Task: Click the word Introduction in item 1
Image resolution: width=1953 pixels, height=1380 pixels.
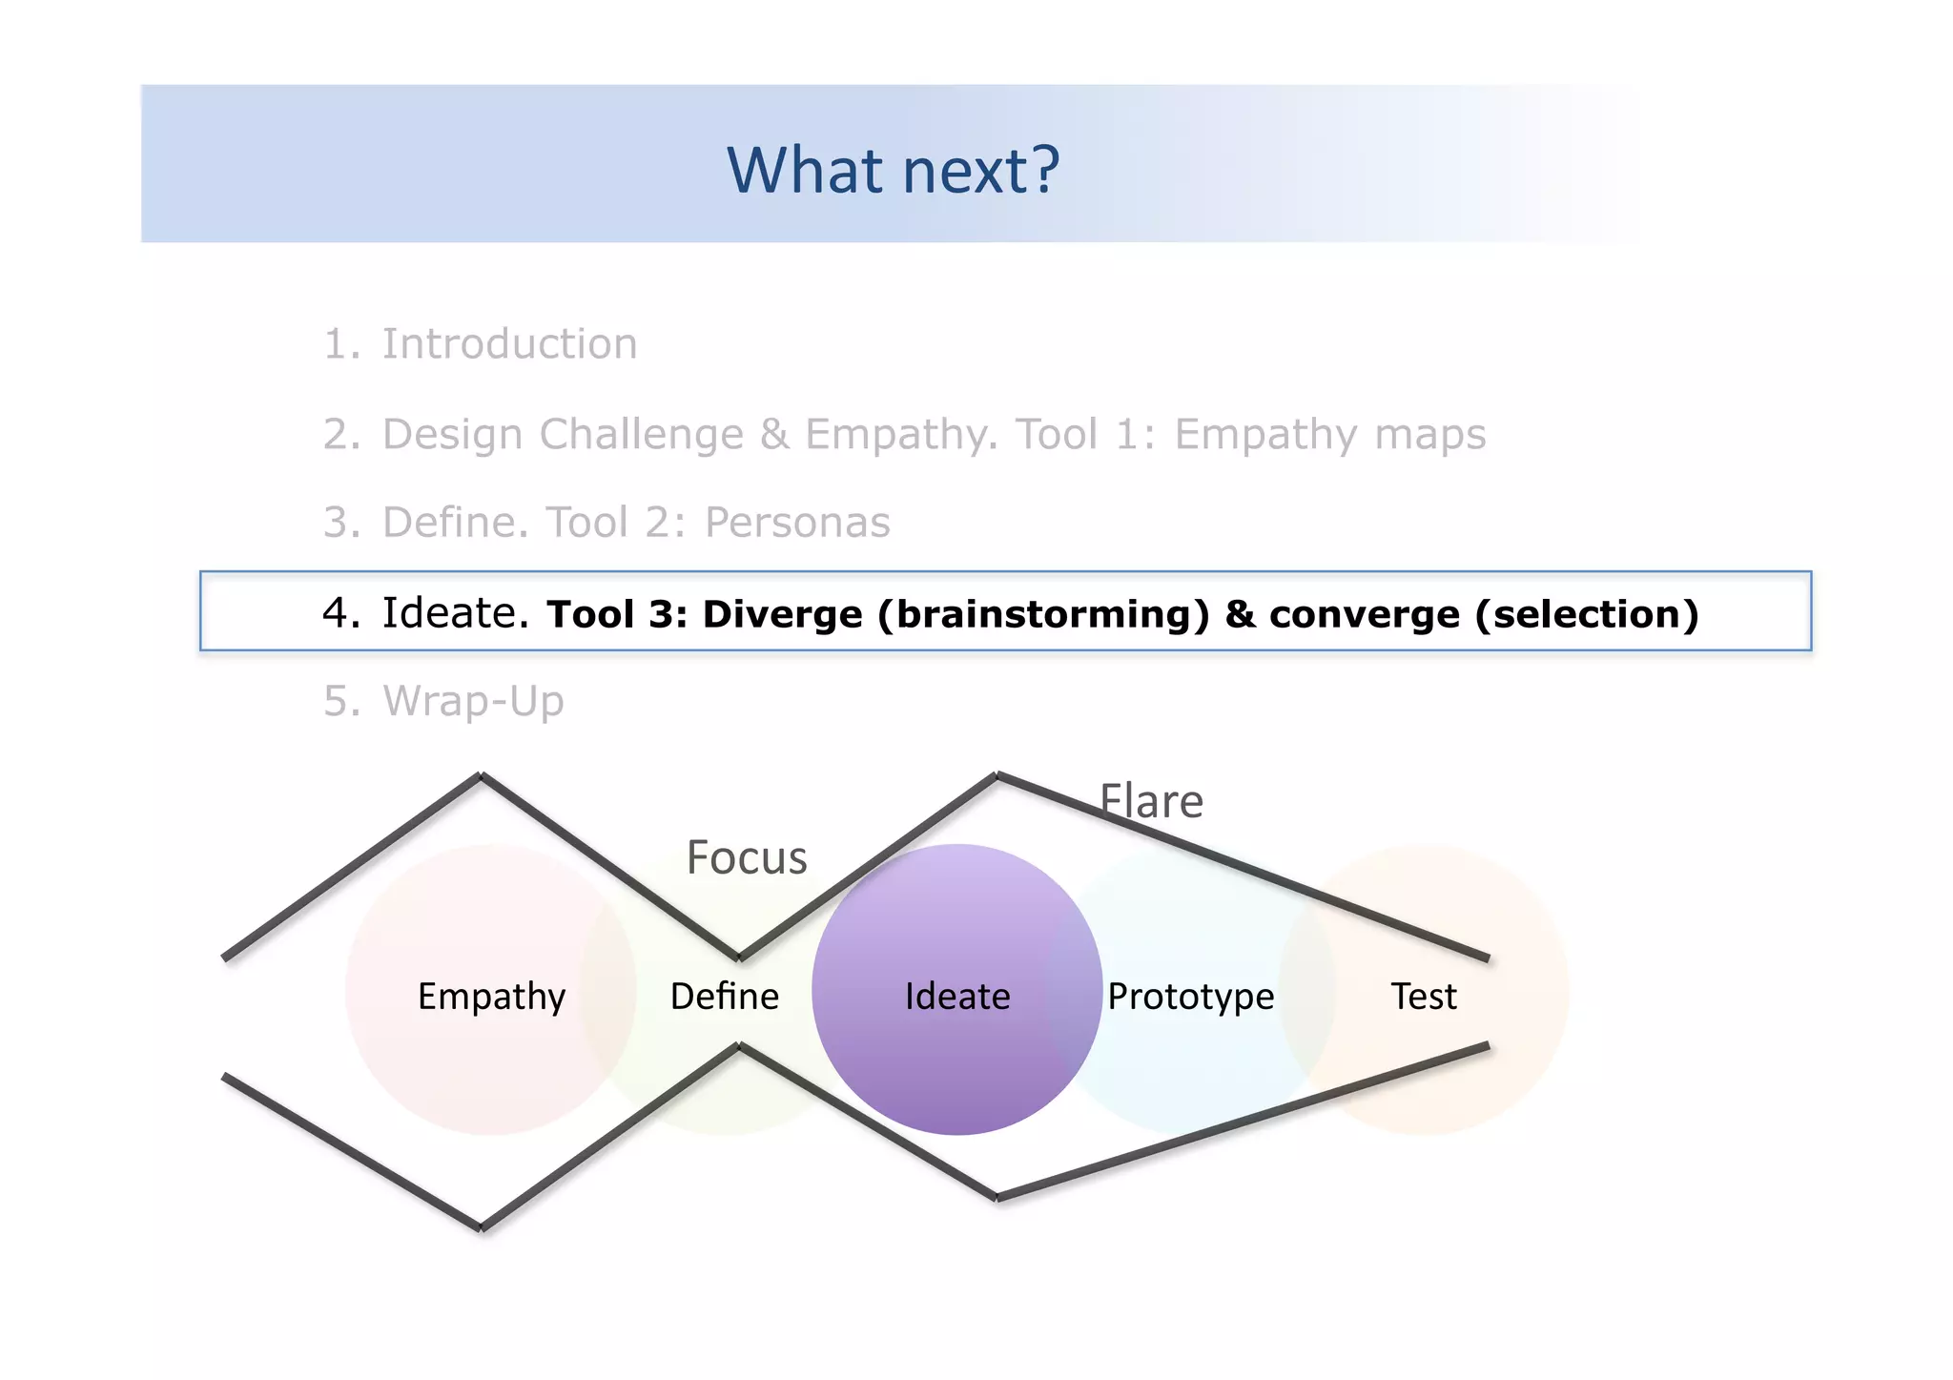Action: pos(509,344)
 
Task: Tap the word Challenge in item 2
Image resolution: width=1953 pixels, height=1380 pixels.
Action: pos(641,435)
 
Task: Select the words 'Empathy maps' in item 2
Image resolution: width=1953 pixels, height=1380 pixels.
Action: pos(1329,435)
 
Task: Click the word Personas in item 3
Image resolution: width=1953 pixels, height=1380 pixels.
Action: pos(797,523)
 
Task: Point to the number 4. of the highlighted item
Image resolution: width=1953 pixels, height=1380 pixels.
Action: pos(341,613)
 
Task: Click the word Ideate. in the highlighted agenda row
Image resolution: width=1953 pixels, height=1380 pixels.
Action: pos(455,613)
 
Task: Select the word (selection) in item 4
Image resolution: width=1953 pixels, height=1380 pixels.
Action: pos(1587,614)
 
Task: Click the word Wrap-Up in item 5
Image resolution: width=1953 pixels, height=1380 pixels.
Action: pos(473,702)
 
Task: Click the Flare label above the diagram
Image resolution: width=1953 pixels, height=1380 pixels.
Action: pos(1151,801)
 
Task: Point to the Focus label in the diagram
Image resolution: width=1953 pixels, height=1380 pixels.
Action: pos(747,857)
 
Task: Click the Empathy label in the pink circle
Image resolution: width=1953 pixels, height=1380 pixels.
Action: pos(491,997)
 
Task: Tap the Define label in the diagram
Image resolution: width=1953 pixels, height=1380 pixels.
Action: pos(725,997)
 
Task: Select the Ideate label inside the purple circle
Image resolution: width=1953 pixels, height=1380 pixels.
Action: pos(957,997)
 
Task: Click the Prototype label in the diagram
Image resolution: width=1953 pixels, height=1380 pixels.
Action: pos(1190,997)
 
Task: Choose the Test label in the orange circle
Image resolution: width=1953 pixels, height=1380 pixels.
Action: pos(1424,997)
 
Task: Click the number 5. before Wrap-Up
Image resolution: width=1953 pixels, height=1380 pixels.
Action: pos(341,702)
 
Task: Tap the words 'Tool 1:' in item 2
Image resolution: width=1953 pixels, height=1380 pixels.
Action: pos(1085,435)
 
